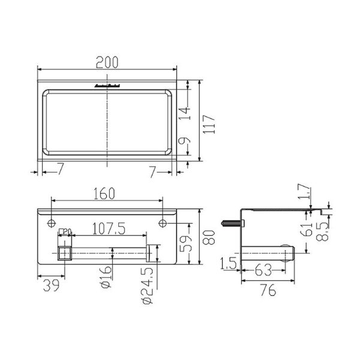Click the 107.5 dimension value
(109, 229)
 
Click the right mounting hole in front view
(163, 223)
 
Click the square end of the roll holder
(62, 253)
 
